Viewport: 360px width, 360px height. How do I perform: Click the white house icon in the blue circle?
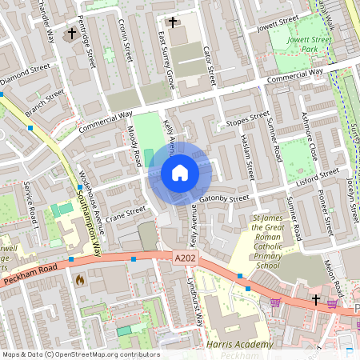pos(180,172)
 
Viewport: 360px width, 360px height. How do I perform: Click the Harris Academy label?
pos(240,345)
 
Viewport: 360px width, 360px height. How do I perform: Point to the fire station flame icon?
pos(79,280)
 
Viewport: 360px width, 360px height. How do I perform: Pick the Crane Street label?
pos(126,214)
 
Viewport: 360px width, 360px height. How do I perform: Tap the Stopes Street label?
pos(248,121)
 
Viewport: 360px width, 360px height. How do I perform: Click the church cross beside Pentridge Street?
pos(72,34)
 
